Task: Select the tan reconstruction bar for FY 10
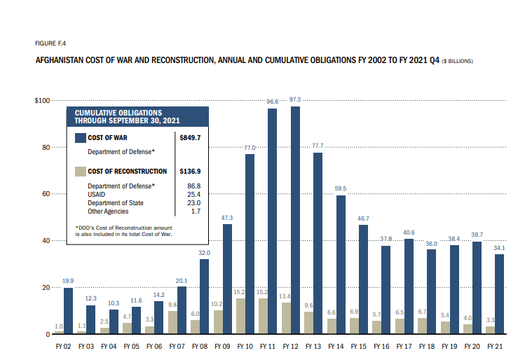click(x=239, y=317)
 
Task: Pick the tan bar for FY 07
click(x=171, y=323)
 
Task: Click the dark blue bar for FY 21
click(x=499, y=294)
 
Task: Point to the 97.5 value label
click(x=295, y=99)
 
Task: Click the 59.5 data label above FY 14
click(x=341, y=188)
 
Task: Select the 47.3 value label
click(x=227, y=217)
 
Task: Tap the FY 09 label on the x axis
click(x=222, y=346)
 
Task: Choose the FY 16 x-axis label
click(x=381, y=346)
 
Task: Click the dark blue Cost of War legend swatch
click(x=80, y=138)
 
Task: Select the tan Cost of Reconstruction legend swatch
click(x=80, y=171)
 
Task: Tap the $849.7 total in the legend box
click(x=190, y=138)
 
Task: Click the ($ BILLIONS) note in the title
click(x=457, y=61)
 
